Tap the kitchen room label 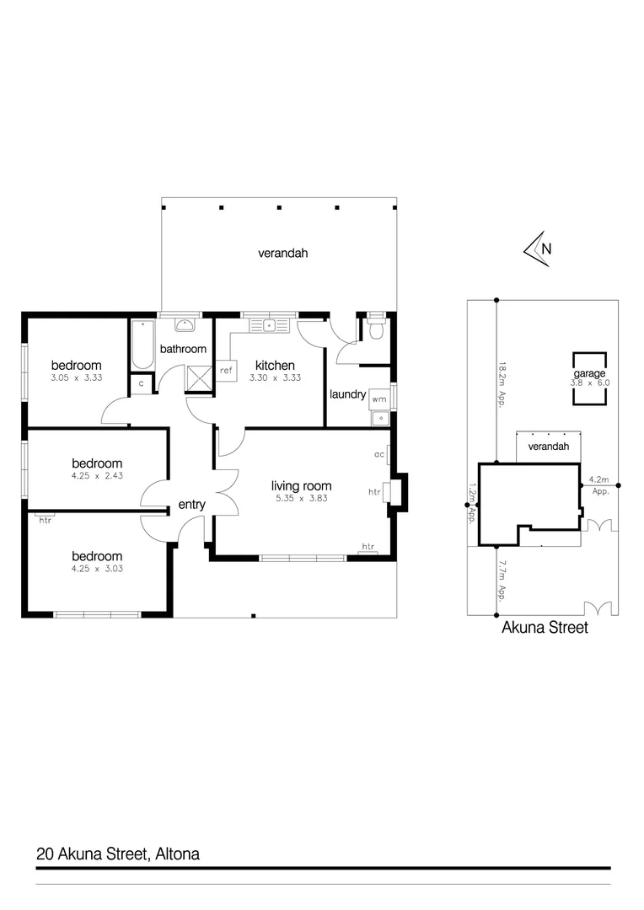click(x=275, y=366)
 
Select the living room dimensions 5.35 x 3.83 click(x=301, y=498)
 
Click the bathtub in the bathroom click(x=142, y=345)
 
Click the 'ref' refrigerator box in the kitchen click(x=226, y=370)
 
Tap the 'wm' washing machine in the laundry click(x=378, y=399)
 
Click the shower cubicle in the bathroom click(x=200, y=378)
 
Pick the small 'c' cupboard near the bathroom click(x=141, y=383)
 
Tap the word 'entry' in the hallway click(x=191, y=505)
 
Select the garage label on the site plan click(x=589, y=373)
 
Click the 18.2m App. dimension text click(x=502, y=384)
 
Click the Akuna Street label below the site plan click(x=545, y=628)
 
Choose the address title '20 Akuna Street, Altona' click(x=118, y=854)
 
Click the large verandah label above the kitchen click(x=277, y=252)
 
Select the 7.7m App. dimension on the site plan click(x=502, y=581)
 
